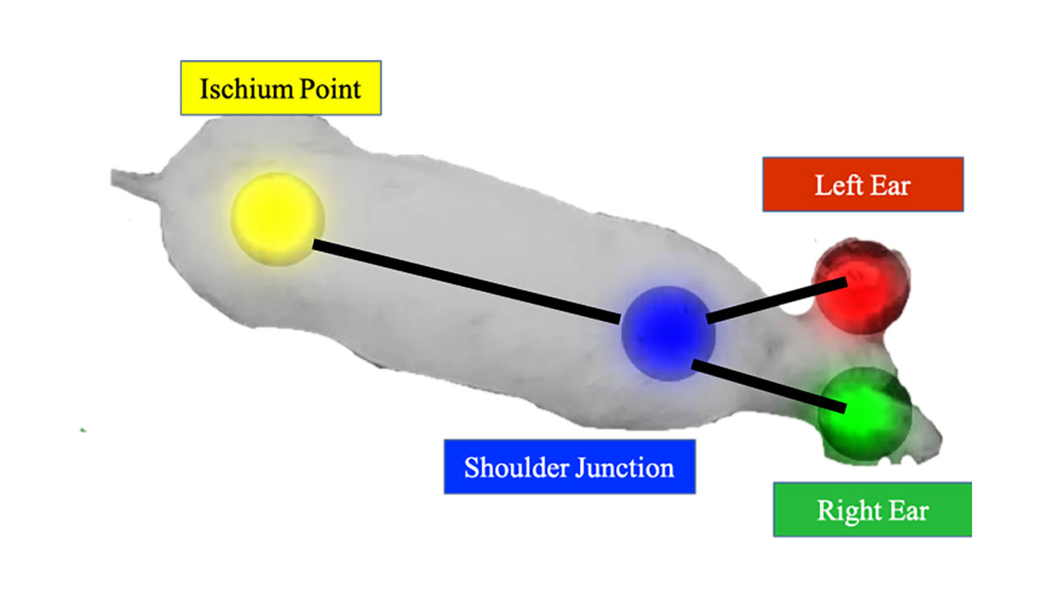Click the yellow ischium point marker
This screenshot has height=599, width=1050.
coord(277,218)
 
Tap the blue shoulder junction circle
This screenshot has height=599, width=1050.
coord(668,332)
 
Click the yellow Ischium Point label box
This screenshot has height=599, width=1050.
coord(281,88)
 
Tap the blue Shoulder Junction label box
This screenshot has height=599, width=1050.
coord(569,467)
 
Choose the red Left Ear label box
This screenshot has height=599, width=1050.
coord(862,185)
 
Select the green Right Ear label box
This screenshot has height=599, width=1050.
coord(872,510)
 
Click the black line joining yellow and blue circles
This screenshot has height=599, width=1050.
coord(468,281)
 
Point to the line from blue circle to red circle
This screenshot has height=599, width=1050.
coord(775,299)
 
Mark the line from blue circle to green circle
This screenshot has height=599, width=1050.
coord(768,384)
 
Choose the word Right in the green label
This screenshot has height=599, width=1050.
coord(845,510)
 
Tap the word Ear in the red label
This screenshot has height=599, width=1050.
coord(891,185)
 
